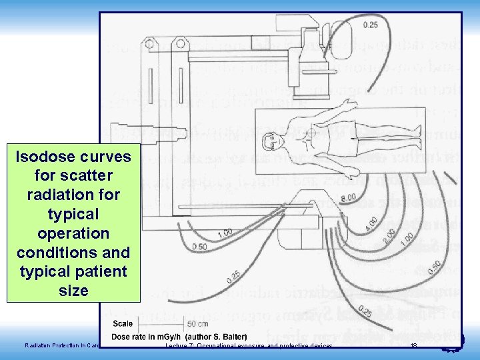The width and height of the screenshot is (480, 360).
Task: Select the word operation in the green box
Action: [74, 233]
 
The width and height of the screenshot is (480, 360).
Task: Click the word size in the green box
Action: [74, 291]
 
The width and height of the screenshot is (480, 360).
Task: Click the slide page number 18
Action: [413, 345]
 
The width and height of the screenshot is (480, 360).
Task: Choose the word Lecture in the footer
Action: [176, 346]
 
